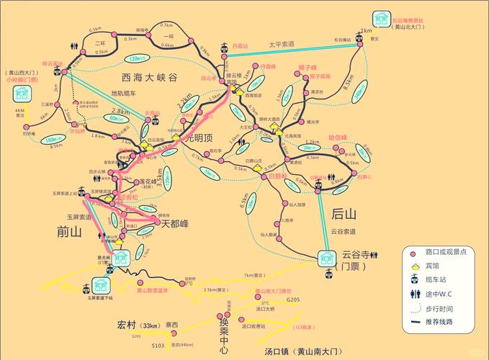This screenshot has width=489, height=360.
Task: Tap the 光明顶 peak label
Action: pyautogui.click(x=199, y=136)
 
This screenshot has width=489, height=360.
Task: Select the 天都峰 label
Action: pyautogui.click(x=174, y=224)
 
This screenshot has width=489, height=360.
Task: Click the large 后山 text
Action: pyautogui.click(x=344, y=214)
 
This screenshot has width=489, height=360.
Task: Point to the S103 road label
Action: pyautogui.click(x=158, y=346)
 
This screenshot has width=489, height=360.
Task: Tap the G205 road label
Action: pyautogui.click(x=292, y=299)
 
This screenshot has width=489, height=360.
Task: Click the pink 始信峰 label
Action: pyautogui.click(x=337, y=137)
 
